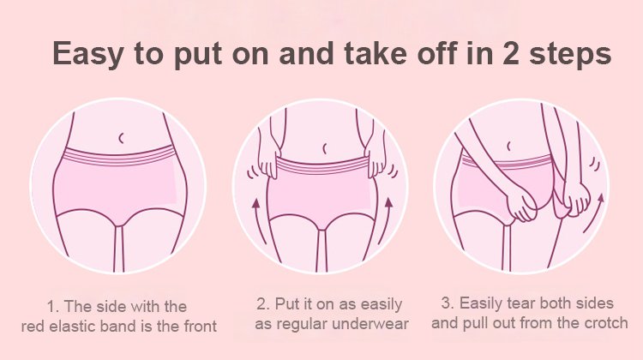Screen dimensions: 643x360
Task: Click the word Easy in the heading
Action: [x=87, y=54]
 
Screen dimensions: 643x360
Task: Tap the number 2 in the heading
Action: [x=510, y=53]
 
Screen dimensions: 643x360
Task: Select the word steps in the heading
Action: [x=570, y=55]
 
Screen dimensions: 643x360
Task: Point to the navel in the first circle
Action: [x=121, y=138]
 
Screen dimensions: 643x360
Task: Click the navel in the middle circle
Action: [x=324, y=148]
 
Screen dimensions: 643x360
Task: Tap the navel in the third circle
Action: [x=508, y=146]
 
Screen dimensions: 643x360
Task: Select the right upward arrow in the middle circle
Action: [x=387, y=220]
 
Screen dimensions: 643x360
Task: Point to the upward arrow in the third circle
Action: [x=596, y=215]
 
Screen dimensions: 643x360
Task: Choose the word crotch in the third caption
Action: [x=606, y=323]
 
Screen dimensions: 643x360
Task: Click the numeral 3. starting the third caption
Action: [x=448, y=303]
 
